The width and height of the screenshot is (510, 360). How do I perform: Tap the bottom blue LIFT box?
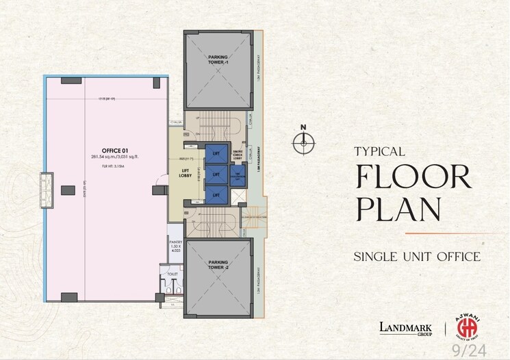[216, 194]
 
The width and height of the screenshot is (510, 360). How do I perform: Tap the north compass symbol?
[302, 142]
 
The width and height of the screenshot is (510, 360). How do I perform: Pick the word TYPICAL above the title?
[380, 151]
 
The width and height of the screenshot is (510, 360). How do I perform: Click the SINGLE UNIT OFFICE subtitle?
[416, 257]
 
